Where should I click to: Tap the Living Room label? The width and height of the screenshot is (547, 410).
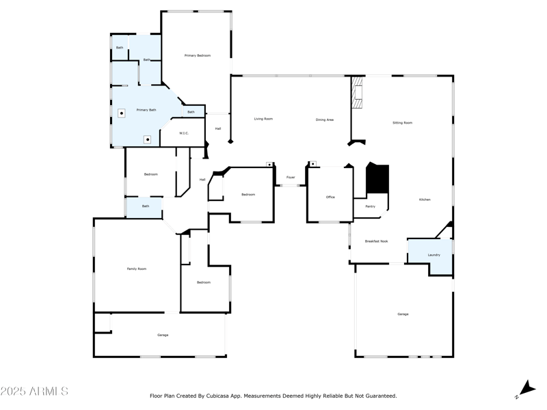(x=263, y=119)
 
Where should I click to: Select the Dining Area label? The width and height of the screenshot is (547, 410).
(x=325, y=120)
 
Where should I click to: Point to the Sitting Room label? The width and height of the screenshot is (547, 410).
(x=402, y=123)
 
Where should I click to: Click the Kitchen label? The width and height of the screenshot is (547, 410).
(x=425, y=200)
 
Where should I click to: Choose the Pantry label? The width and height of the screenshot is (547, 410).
(x=370, y=206)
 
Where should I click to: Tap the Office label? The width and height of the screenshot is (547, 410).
(x=330, y=197)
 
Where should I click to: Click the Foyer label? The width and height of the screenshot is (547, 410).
(x=291, y=178)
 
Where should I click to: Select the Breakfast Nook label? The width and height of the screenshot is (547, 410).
(x=376, y=241)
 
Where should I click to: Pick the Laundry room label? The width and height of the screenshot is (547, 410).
(x=433, y=255)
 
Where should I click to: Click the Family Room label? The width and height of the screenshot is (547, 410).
(x=137, y=269)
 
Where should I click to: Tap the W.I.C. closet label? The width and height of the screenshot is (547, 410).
(x=184, y=133)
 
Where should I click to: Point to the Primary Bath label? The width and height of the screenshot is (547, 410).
(x=146, y=109)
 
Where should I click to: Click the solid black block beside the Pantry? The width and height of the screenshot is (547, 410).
(x=377, y=179)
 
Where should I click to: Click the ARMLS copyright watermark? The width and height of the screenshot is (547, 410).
(x=34, y=392)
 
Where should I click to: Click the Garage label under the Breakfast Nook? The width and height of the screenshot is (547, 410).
(x=403, y=314)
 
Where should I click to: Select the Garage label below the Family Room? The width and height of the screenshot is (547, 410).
(x=163, y=335)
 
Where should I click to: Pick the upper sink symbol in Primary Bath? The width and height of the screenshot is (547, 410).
(x=121, y=113)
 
